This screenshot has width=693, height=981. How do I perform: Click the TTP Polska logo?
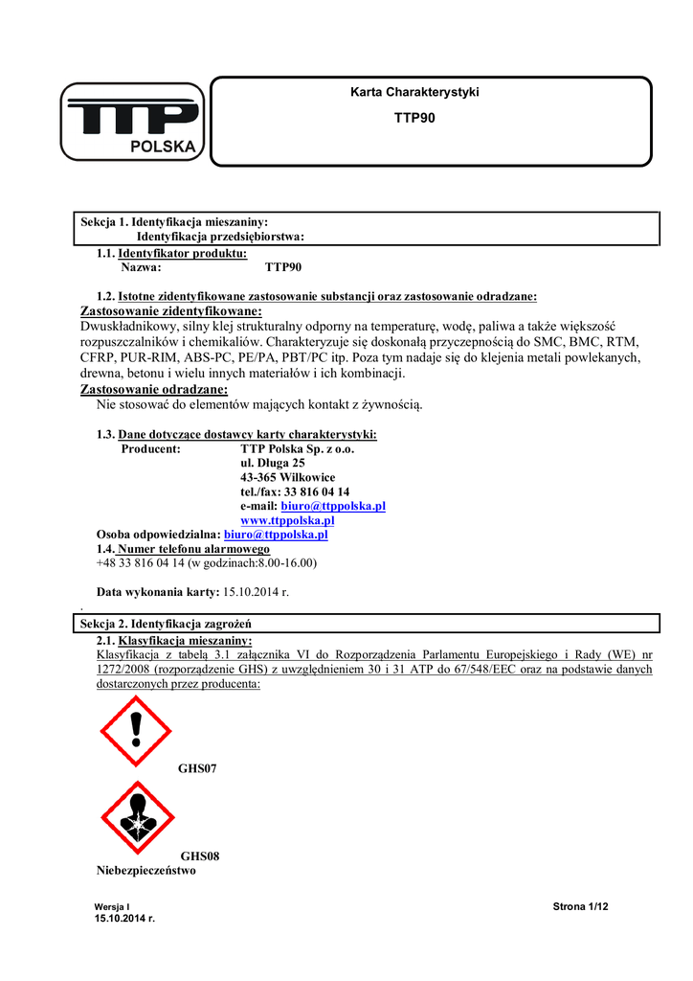pyautogui.click(x=132, y=123)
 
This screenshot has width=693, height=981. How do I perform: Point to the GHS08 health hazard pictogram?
pyautogui.click(x=138, y=817)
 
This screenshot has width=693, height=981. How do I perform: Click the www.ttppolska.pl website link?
pyautogui.click(x=287, y=520)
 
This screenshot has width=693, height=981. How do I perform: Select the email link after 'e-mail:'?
pyautogui.click(x=333, y=506)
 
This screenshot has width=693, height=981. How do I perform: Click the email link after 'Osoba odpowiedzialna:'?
pyautogui.click(x=276, y=535)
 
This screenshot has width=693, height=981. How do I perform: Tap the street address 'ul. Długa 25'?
pyautogui.click(x=273, y=463)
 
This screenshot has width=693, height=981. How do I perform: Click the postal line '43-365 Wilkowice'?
pyautogui.click(x=288, y=477)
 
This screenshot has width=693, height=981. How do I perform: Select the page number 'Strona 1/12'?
pyautogui.click(x=581, y=906)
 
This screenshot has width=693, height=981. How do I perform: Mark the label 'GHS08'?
pyautogui.click(x=200, y=856)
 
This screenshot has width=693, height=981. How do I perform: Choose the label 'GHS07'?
pyautogui.click(x=198, y=769)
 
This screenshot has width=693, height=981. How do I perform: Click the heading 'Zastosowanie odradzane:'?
pyautogui.click(x=154, y=390)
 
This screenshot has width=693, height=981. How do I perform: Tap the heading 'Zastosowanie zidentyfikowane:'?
pyautogui.click(x=170, y=311)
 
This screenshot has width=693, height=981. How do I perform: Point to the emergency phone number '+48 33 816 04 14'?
pyautogui.click(x=140, y=563)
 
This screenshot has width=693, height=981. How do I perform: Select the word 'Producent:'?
pyautogui.click(x=151, y=448)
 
